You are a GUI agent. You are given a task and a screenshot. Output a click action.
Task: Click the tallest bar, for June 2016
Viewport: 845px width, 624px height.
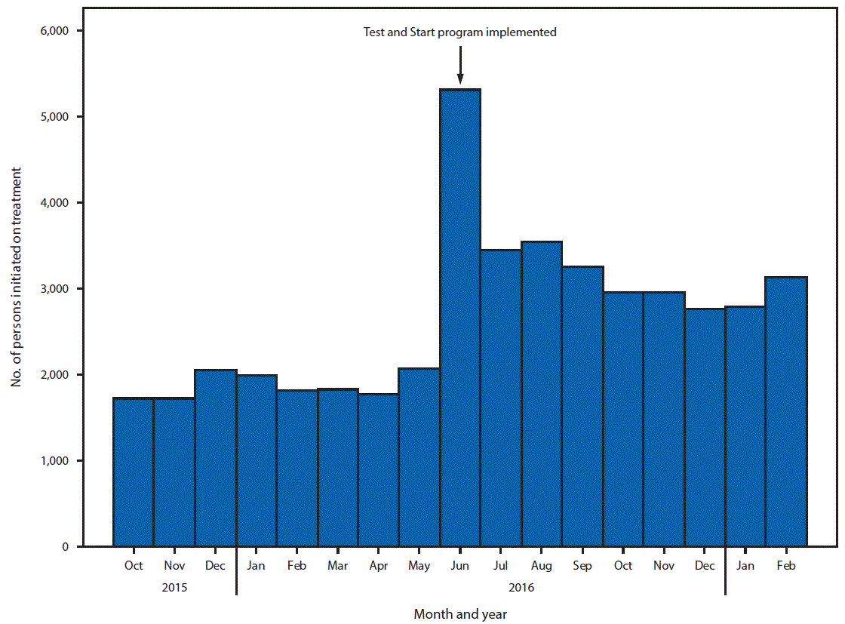tap(460, 317)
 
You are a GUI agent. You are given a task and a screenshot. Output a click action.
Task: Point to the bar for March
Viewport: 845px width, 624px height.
tap(338, 467)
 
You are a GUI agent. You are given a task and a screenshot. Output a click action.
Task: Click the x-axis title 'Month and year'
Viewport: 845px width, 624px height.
tap(460, 614)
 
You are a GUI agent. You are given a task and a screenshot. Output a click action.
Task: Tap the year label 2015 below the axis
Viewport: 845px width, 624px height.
tap(174, 586)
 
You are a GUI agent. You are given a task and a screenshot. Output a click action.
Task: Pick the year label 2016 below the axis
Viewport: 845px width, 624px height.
tap(521, 586)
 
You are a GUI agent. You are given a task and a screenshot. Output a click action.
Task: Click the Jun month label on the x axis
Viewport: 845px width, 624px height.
tap(460, 566)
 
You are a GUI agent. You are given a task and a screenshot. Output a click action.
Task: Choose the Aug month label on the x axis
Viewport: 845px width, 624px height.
tap(542, 566)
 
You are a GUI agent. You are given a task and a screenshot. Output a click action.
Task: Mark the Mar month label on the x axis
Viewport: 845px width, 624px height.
tap(338, 566)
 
